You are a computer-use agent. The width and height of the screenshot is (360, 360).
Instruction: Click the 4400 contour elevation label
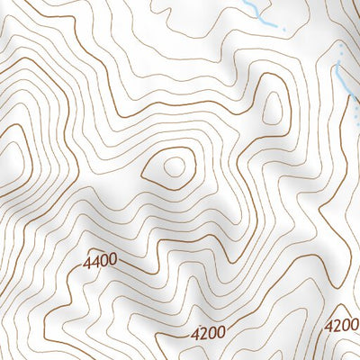click(100, 263)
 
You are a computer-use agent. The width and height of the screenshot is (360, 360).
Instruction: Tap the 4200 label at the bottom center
click(209, 332)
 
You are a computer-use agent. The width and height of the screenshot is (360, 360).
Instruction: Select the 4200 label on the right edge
click(342, 325)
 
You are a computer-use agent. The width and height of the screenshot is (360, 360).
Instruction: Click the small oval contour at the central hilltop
click(174, 166)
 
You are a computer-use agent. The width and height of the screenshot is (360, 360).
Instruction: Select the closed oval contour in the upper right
click(270, 108)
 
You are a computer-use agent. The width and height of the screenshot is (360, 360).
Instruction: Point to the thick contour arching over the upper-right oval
click(270, 76)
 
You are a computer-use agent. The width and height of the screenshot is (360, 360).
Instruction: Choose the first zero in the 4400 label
click(103, 262)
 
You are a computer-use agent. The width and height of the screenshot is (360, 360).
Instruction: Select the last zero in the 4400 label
click(112, 261)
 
